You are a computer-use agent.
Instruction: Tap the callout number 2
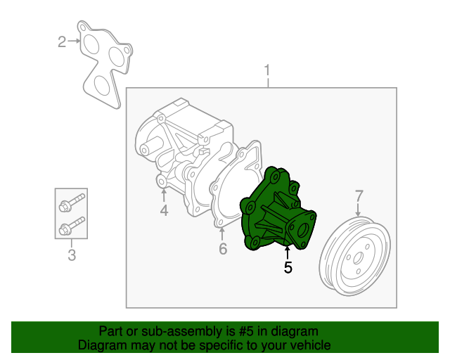pos(62,41)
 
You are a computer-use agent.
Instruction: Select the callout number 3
pos(72,255)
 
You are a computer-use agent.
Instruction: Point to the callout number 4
pos(164,210)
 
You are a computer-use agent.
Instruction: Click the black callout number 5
pos(288,267)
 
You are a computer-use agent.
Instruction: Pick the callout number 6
pos(223,249)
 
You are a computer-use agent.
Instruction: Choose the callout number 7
pos(359,195)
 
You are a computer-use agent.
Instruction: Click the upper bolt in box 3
pos(72,202)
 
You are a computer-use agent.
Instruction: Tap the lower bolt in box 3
pos(72,226)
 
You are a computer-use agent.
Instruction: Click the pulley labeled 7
pos(355,257)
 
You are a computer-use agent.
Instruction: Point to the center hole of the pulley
pos(358,258)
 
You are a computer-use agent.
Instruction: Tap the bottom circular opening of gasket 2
pos(102,85)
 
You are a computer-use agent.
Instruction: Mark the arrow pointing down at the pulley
pos(358,210)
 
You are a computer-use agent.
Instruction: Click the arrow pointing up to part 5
pos(288,252)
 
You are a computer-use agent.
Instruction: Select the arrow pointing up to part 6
pos(222,234)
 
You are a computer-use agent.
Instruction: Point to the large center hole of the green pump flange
pos(302,231)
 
